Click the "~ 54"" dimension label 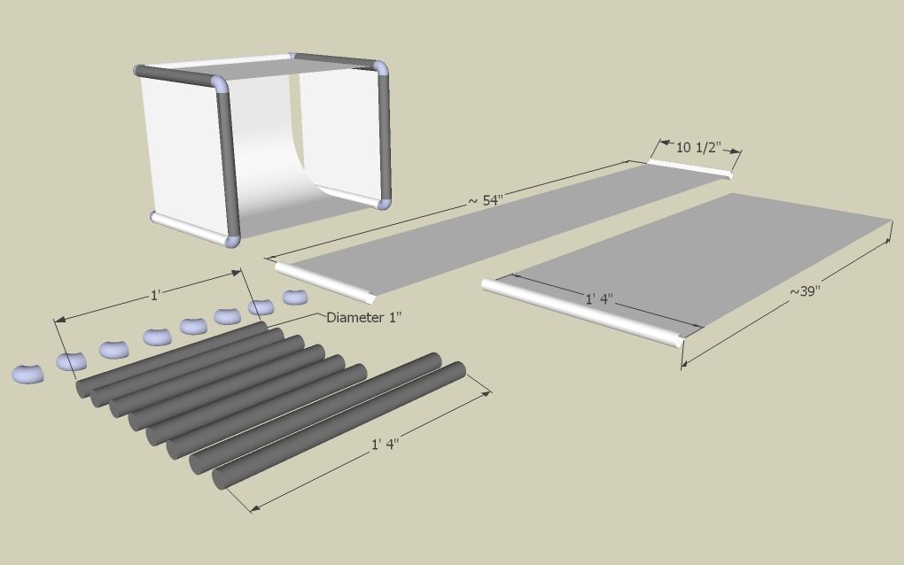[x=485, y=201]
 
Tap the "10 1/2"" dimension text [x=696, y=148]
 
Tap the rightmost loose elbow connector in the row [x=294, y=297]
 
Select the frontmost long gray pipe [x=341, y=424]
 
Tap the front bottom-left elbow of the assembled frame [x=232, y=239]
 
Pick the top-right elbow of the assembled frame [x=380, y=67]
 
